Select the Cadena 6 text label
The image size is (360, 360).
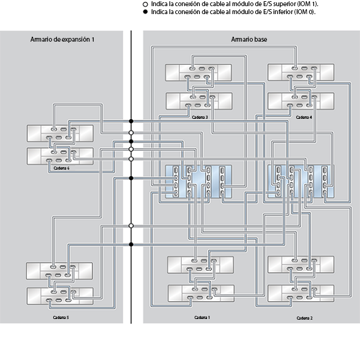(x=61, y=168)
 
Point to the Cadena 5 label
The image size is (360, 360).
(x=60, y=318)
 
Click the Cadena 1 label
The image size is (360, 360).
(x=201, y=317)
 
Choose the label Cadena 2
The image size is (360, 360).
(x=304, y=318)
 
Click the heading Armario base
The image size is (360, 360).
(x=249, y=39)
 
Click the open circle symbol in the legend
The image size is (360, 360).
(x=145, y=4)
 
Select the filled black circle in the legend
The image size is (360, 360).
(x=145, y=12)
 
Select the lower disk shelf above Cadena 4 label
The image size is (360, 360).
(x=301, y=100)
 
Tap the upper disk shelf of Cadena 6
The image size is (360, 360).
(x=60, y=133)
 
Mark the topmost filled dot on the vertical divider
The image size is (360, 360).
(x=131, y=121)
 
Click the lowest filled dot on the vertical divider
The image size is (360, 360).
(x=131, y=244)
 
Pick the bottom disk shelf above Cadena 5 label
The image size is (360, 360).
(x=60, y=297)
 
